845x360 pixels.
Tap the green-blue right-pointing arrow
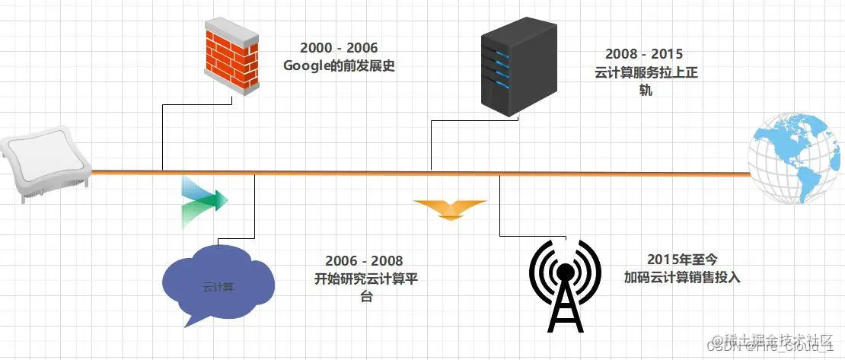[204, 201]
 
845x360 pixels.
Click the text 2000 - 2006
[339, 49]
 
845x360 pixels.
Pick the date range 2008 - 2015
[644, 55]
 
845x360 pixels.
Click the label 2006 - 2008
[365, 262]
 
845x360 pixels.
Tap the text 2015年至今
[681, 261]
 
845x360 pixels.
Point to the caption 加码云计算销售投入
[681, 278]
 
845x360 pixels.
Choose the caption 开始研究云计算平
[365, 279]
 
